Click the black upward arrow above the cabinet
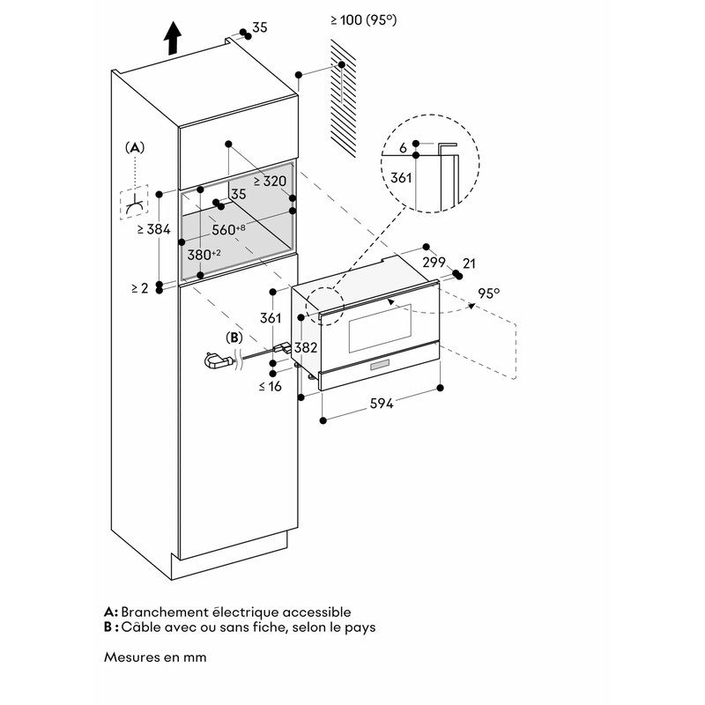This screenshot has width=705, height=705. click(173, 38)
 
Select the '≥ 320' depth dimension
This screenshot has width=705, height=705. click(270, 181)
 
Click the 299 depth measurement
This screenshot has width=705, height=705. click(434, 263)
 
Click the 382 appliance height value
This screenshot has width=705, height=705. click(305, 347)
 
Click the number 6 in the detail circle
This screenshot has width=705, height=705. click(402, 149)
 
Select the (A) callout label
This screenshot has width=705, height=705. click(134, 147)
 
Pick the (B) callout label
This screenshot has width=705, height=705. click(234, 337)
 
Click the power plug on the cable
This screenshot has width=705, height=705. click(215, 360)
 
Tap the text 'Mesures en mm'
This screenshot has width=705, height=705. click(155, 657)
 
